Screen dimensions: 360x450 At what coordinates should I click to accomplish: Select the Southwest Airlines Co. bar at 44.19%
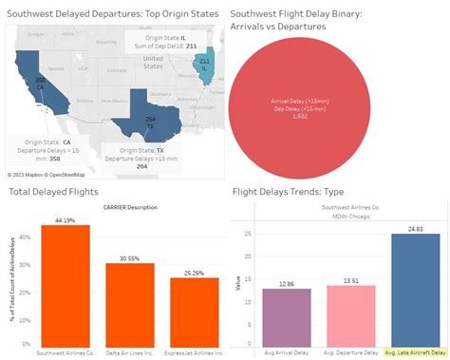click(66, 285)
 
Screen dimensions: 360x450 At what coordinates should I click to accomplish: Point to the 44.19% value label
click(66, 219)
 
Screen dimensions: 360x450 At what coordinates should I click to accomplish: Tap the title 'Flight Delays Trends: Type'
click(302, 193)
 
